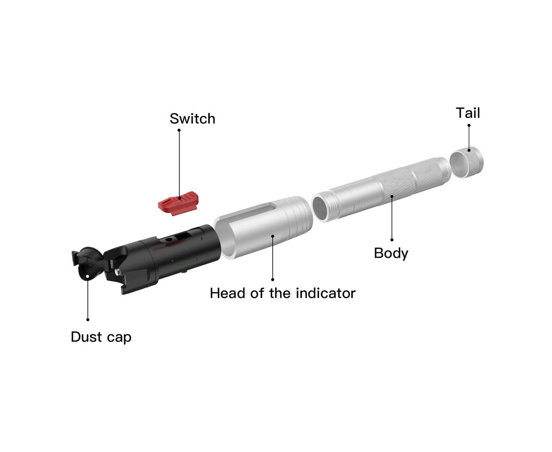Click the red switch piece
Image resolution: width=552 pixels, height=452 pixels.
(178, 203)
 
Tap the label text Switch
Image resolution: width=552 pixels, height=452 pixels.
(192, 119)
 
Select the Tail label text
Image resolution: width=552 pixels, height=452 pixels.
(468, 113)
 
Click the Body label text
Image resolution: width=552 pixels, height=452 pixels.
(391, 253)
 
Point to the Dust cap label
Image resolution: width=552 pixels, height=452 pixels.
(101, 337)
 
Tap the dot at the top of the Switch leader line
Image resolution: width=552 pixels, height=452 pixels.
(179, 130)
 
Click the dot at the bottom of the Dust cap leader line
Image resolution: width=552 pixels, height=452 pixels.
(88, 320)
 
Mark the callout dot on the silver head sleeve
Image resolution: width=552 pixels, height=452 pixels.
(273, 236)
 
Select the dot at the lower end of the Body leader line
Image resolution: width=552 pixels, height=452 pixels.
(392, 240)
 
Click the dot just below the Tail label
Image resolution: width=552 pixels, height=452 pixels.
(469, 126)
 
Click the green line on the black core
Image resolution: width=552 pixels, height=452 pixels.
(188, 262)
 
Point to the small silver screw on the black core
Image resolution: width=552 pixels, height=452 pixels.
(118, 271)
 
